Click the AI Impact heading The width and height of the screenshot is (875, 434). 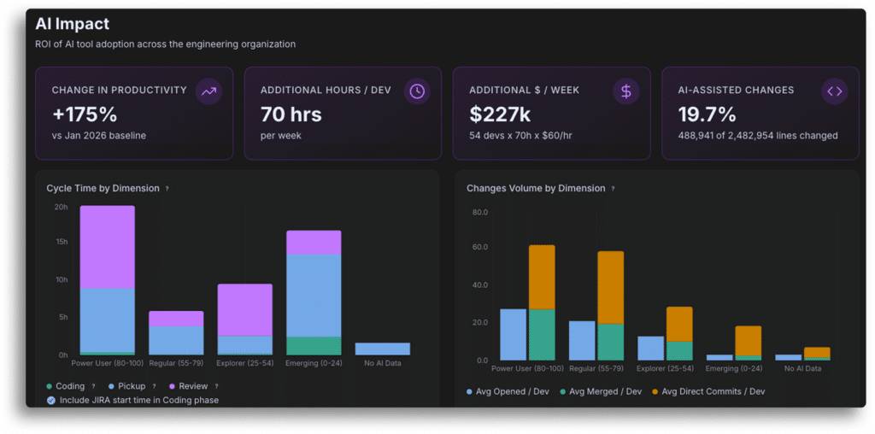(72, 24)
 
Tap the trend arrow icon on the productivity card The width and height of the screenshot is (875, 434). (208, 91)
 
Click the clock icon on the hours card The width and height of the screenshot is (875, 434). (417, 91)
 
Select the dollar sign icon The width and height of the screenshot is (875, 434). (626, 91)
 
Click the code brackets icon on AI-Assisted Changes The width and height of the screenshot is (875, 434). (834, 91)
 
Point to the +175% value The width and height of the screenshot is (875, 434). (85, 114)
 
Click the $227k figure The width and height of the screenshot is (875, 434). (500, 114)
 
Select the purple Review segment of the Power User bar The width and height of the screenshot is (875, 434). (107, 247)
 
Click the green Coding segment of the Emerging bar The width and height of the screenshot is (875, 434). (314, 346)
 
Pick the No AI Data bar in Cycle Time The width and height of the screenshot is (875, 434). (382, 349)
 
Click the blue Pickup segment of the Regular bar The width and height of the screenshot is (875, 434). (176, 340)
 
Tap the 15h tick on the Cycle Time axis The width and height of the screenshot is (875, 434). (61, 242)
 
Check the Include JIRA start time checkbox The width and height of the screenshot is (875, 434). (51, 400)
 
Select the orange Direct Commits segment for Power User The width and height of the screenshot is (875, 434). (542, 278)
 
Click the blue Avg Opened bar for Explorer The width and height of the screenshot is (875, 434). (650, 348)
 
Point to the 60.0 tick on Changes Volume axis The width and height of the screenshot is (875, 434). (480, 247)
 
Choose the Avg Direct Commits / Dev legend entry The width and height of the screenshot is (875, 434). (708, 391)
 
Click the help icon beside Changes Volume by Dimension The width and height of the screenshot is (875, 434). (613, 189)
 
